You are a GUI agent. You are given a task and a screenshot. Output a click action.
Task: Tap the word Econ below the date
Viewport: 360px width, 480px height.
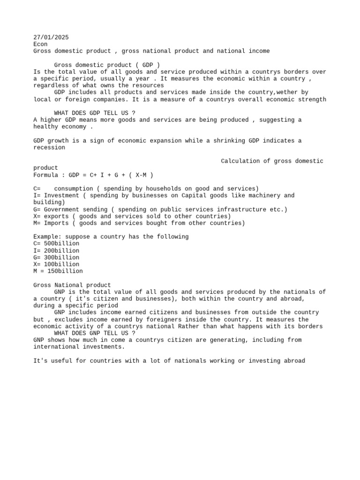[x=40, y=44]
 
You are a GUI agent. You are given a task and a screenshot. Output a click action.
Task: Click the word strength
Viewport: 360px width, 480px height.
[x=311, y=99]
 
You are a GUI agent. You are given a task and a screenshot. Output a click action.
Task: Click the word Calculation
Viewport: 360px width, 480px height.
[x=240, y=161]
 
